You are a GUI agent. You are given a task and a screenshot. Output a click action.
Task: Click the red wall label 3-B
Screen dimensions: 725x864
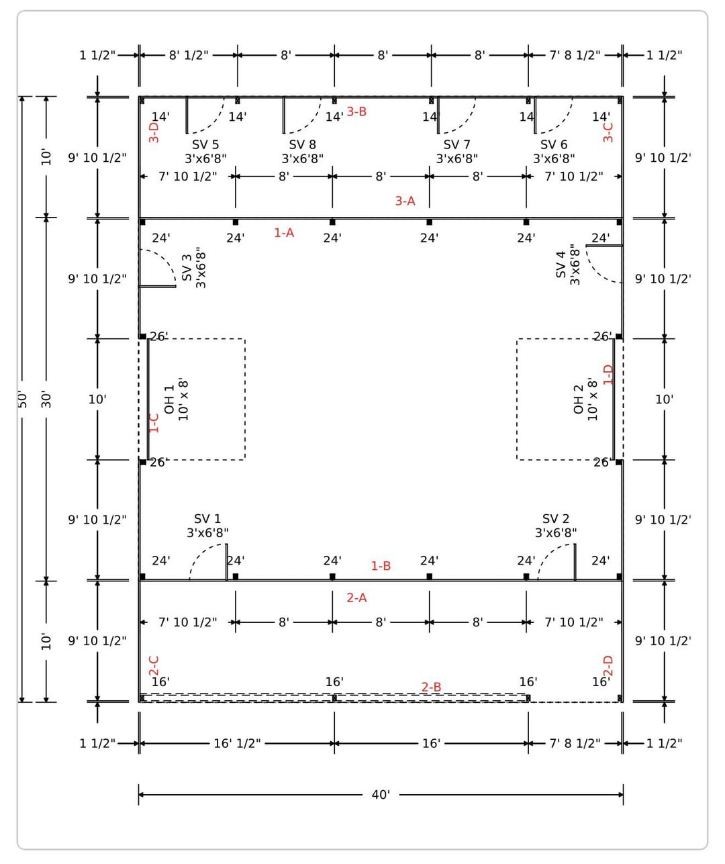click(356, 111)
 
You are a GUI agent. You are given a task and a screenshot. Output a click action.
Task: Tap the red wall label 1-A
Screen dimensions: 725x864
click(284, 232)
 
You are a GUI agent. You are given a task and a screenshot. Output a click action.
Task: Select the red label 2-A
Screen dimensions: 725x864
click(356, 597)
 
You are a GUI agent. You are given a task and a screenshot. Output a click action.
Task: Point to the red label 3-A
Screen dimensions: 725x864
click(405, 201)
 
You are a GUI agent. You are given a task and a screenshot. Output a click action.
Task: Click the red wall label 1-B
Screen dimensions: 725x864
click(381, 566)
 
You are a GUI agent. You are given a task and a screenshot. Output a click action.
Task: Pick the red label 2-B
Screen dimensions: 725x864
click(431, 687)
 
